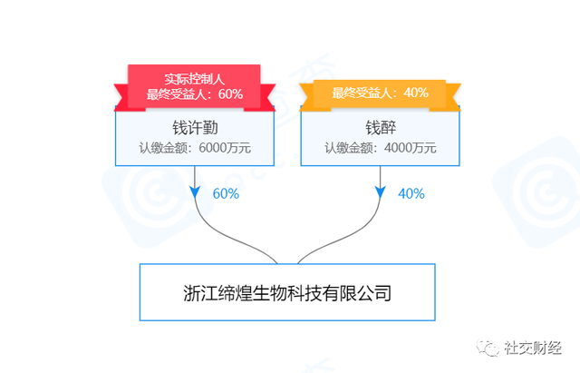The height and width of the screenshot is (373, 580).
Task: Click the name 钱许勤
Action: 195,128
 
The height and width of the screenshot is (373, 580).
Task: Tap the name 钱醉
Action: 381,128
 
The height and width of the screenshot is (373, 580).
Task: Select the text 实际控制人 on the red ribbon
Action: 195,79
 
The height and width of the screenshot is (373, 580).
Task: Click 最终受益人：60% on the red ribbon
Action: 195,94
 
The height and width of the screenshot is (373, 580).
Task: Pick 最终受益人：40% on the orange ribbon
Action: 380,93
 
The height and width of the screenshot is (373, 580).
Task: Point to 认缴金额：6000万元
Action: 195,148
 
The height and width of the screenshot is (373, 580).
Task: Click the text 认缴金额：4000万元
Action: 381,148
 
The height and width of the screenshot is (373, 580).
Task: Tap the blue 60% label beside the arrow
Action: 226,193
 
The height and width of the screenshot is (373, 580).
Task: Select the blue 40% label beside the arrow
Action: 411,193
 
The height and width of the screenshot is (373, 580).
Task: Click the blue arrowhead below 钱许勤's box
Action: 195,191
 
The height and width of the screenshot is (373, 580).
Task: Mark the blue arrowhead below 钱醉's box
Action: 381,191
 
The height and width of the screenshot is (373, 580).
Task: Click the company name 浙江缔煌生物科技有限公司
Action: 287,293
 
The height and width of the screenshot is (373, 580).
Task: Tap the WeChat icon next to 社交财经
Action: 488,348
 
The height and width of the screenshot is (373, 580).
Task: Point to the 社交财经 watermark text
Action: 533,348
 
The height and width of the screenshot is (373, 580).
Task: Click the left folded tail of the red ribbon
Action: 124,97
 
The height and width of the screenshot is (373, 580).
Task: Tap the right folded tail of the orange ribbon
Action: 448,97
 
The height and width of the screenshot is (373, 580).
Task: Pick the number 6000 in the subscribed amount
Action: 212,148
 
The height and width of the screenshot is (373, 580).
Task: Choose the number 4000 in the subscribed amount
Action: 397,148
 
